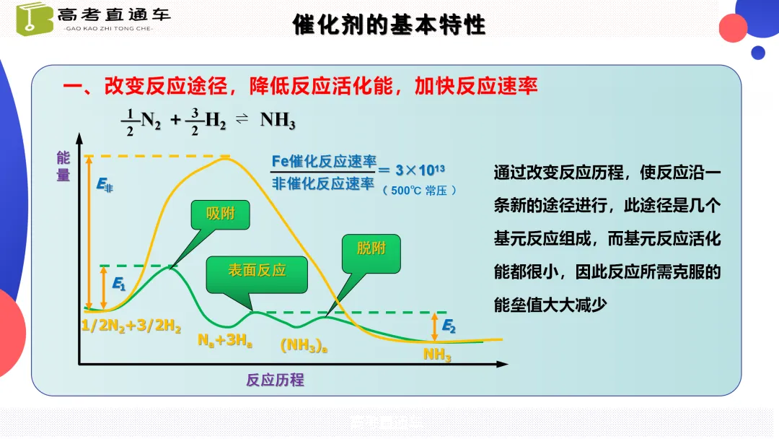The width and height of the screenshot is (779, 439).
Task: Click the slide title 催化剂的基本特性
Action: pos(389,25)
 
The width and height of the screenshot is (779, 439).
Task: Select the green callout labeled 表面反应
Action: pos(257,271)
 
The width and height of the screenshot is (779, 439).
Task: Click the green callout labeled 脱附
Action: pos(371,249)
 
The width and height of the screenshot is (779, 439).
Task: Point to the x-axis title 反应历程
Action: pos(275,380)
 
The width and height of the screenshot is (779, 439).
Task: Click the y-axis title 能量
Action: pos(63,166)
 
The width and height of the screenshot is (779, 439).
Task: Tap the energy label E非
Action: pos(105,186)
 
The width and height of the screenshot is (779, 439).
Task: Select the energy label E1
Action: pos(119,284)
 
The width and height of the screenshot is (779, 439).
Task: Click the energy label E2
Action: pos(449,326)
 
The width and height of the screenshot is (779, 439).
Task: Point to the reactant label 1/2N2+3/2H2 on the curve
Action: pos(131,326)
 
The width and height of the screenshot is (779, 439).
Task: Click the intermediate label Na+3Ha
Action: pos(225,340)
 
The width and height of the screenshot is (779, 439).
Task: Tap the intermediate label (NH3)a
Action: pos(304,346)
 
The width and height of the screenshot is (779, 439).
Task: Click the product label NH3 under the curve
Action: pos(437,355)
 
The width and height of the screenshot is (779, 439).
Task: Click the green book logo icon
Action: pos(35,18)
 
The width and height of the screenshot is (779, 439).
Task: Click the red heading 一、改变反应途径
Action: pos(145,87)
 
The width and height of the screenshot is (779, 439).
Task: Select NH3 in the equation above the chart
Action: pos(278,121)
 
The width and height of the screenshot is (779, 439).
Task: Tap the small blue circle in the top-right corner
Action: pos(757,53)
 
